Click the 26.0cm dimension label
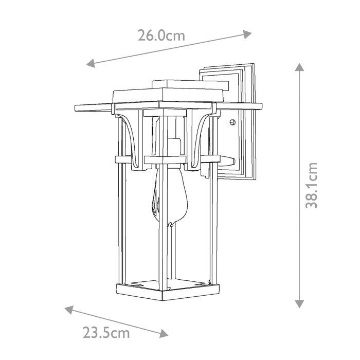pyautogui.click(x=161, y=35)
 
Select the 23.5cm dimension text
pyautogui.click(x=106, y=333)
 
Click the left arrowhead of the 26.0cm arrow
pyautogui.click(x=91, y=64)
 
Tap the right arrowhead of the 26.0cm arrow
pyautogui.click(x=247, y=34)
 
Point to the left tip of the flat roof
pyautogui.click(x=76, y=107)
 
